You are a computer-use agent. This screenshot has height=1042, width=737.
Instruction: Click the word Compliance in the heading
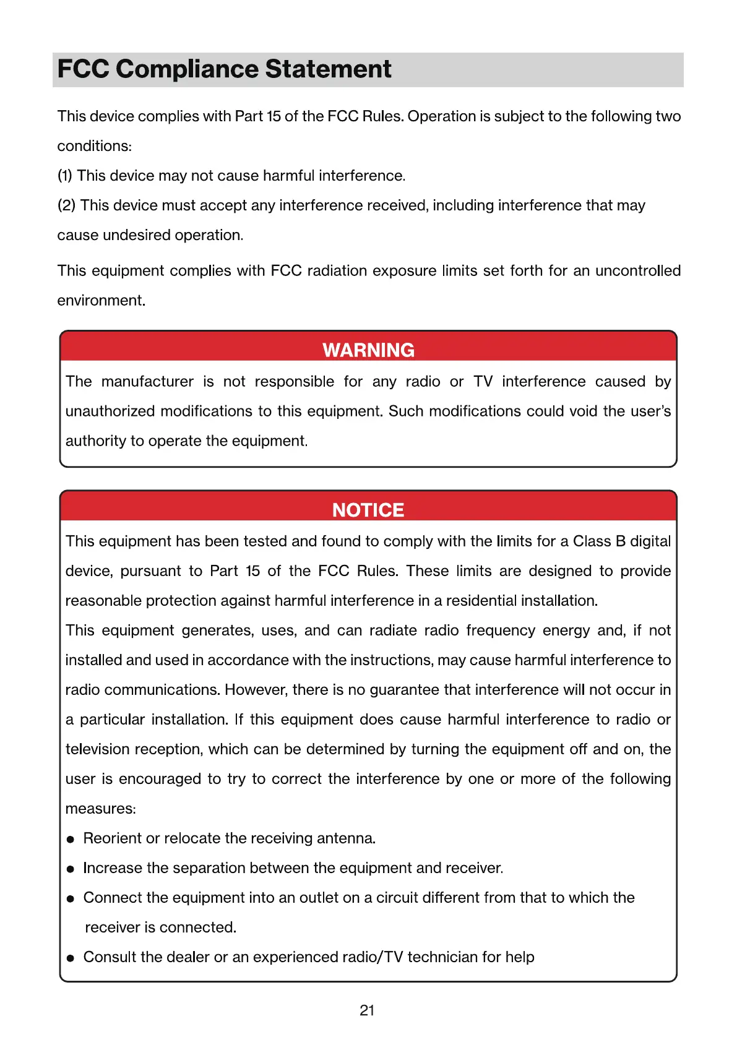pos(189,69)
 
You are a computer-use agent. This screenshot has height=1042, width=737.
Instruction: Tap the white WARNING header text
pos(368,350)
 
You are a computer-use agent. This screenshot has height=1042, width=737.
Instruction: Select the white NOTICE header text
pos(368,510)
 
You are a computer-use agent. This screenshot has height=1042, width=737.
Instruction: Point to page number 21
pos(367,1010)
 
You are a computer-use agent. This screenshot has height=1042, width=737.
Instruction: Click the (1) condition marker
pos(65,176)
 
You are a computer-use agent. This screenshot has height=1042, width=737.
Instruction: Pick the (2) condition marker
pos(66,205)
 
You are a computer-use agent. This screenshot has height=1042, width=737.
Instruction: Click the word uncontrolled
pos(638,271)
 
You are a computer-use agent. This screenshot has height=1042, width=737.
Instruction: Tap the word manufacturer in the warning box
pos(147,382)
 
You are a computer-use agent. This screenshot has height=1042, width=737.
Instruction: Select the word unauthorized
pos(109,411)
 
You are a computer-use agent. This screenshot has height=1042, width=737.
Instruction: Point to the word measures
pos(99,809)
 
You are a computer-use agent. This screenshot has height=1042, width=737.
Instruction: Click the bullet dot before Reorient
pos(71,839)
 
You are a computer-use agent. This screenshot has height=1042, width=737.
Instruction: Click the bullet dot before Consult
pos(71,958)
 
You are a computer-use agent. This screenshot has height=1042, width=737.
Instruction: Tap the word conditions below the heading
pos(93,146)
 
